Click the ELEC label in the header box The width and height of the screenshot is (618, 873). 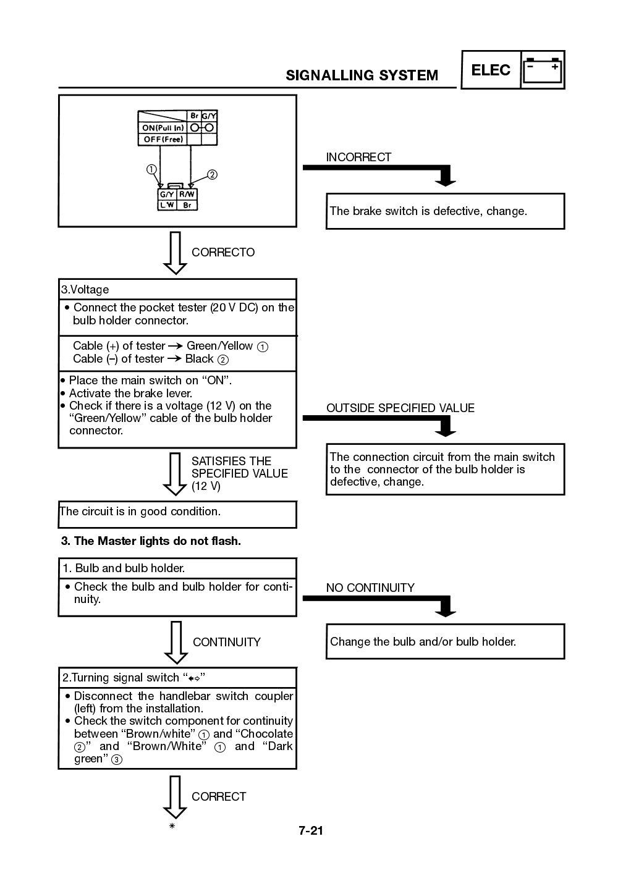pyautogui.click(x=491, y=70)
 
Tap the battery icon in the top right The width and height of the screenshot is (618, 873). pyautogui.click(x=543, y=70)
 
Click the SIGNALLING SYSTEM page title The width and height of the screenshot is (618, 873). pyautogui.click(x=362, y=75)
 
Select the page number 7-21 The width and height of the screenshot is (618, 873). pyautogui.click(x=311, y=830)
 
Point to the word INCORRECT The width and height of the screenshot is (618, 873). pyautogui.click(x=358, y=157)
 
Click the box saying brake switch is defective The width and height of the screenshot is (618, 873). pyautogui.click(x=445, y=211)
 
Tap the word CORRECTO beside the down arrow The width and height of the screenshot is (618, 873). pyautogui.click(x=222, y=252)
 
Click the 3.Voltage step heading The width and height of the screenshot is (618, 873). pyautogui.click(x=85, y=289)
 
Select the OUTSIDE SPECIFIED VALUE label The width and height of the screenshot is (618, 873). pyautogui.click(x=400, y=408)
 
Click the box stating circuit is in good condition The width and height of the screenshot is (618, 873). pyautogui.click(x=177, y=513)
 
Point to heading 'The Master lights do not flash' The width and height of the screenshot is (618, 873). pyautogui.click(x=151, y=541)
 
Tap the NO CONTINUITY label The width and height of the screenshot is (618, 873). pyautogui.click(x=370, y=588)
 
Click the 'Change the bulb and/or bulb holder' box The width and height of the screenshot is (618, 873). pyautogui.click(x=445, y=641)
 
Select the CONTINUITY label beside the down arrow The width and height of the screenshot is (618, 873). pyautogui.click(x=226, y=642)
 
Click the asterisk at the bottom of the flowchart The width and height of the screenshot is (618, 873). pyautogui.click(x=172, y=825)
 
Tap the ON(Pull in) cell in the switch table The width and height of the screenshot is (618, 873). pyautogui.click(x=163, y=128)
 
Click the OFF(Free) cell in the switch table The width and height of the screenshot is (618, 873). pyautogui.click(x=163, y=140)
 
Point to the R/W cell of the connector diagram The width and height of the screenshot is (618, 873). pyautogui.click(x=187, y=194)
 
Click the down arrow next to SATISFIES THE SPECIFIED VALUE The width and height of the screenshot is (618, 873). pyautogui.click(x=175, y=473)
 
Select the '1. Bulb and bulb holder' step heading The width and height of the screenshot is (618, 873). pyautogui.click(x=124, y=568)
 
